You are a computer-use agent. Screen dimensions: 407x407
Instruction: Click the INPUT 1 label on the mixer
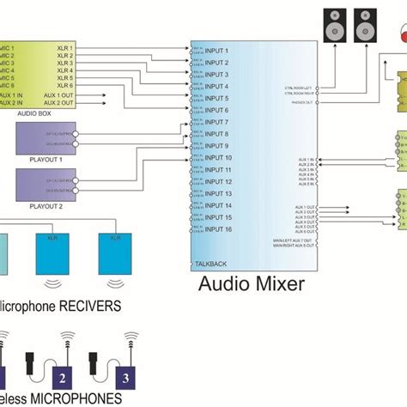(x=216, y=50)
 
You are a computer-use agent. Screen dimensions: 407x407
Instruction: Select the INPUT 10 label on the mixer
(x=218, y=158)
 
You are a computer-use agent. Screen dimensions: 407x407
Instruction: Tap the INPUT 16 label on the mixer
(x=218, y=230)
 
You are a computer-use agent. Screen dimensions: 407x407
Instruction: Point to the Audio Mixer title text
(x=252, y=284)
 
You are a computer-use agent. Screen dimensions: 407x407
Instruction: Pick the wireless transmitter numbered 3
(x=126, y=374)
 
